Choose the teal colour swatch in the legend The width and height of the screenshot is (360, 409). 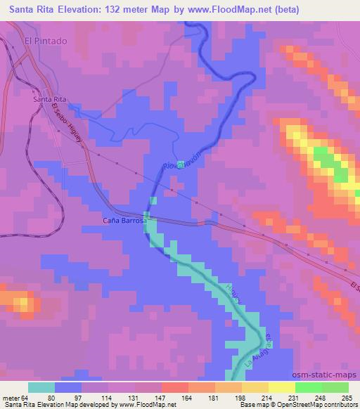41,387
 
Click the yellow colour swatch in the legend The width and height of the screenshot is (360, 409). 282,387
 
